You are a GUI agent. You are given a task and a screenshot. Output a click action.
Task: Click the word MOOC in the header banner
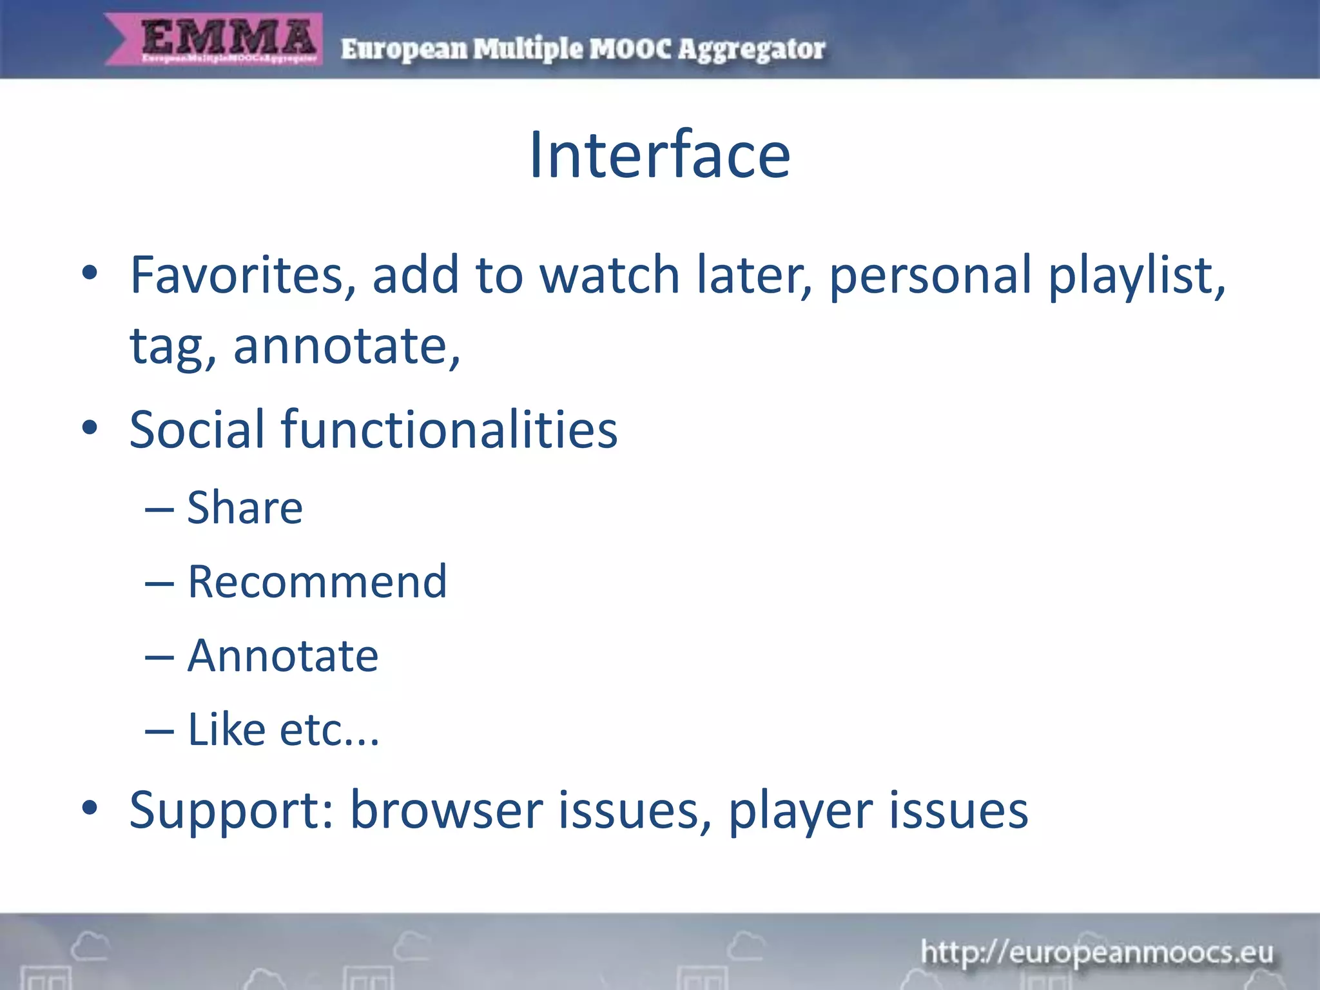(630, 50)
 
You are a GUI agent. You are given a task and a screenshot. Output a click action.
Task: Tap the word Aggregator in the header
(751, 50)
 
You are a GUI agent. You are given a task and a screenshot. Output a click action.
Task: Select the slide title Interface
(659, 155)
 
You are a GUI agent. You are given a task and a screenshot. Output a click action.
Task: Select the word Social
(197, 429)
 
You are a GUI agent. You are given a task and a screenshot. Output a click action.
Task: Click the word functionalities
(449, 429)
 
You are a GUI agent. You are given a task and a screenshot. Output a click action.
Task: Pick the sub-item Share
(244, 508)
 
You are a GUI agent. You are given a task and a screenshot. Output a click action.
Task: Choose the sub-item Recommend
(316, 582)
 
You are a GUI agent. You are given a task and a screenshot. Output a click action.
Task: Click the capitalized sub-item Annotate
(282, 656)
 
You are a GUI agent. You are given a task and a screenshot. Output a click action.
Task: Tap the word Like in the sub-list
(226, 730)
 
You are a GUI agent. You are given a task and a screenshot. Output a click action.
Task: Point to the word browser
(446, 811)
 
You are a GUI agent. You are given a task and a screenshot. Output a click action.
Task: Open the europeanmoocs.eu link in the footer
(1097, 952)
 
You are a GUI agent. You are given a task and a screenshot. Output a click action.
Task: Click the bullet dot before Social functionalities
(90, 427)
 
